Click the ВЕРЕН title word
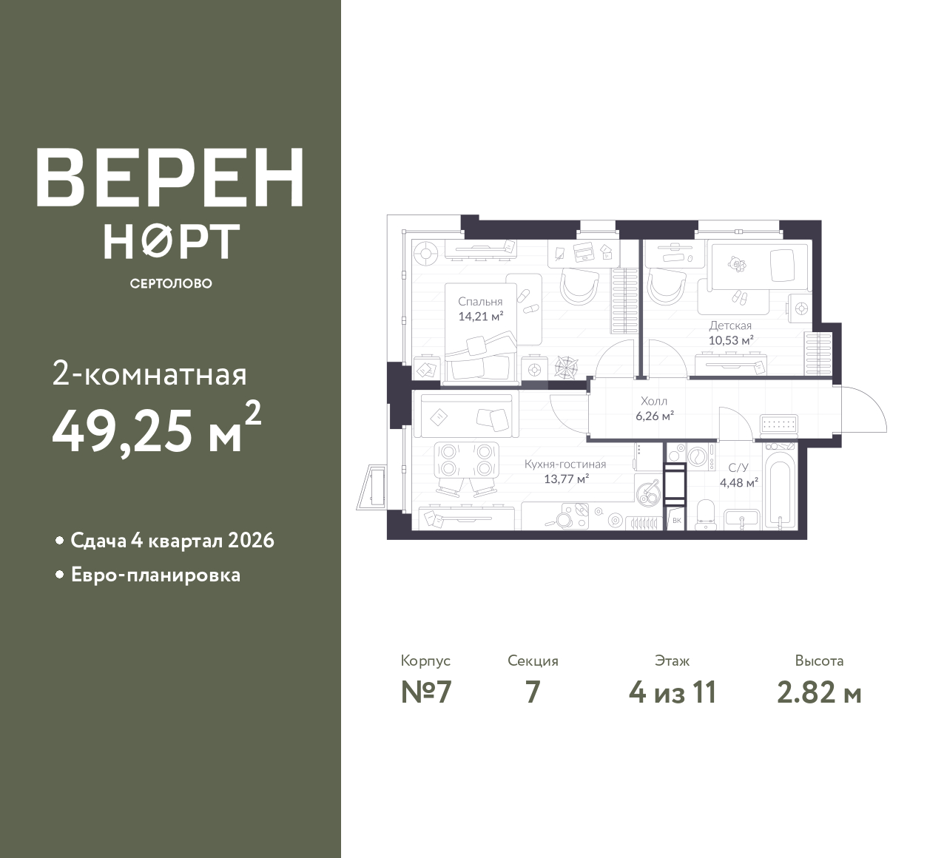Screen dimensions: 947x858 point(170,178)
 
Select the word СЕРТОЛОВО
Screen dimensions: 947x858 point(171,283)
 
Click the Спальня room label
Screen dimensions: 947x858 point(480,302)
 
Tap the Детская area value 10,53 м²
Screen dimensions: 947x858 point(731,340)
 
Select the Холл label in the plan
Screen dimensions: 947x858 point(654,401)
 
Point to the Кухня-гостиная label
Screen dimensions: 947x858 point(565,465)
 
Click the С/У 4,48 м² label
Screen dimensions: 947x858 point(739,475)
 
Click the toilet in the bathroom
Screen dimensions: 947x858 point(707,514)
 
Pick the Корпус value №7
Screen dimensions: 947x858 point(426,693)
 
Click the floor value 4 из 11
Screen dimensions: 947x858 point(673,693)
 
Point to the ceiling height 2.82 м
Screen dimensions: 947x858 point(819,693)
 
